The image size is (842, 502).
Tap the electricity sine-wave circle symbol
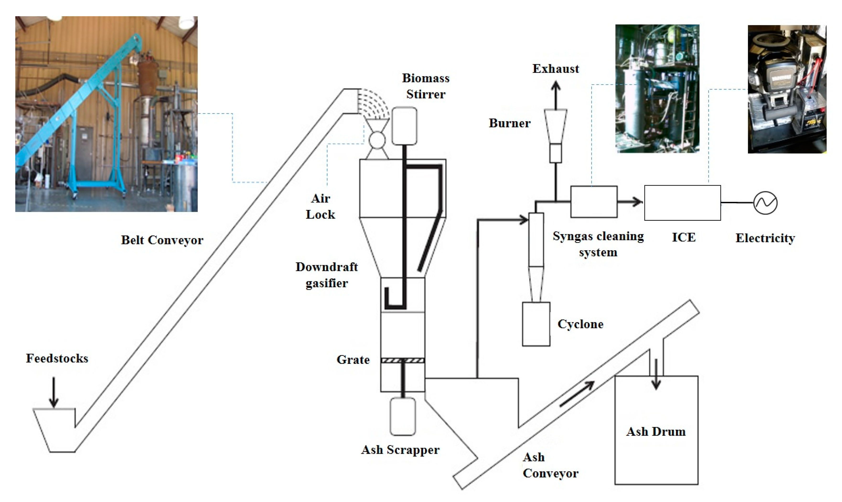coord(765,203)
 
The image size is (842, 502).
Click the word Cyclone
coord(580,324)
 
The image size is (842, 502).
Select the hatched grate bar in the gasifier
coord(402,361)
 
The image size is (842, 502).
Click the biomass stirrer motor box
coord(404,126)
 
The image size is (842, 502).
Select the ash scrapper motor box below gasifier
coord(402,416)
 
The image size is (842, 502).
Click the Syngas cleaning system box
coord(594,202)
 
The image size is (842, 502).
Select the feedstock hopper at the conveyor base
coord(56,430)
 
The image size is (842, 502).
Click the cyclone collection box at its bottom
coord(536,324)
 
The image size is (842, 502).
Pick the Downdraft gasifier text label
coord(326,275)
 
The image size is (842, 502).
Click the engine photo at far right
coord(787,89)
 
